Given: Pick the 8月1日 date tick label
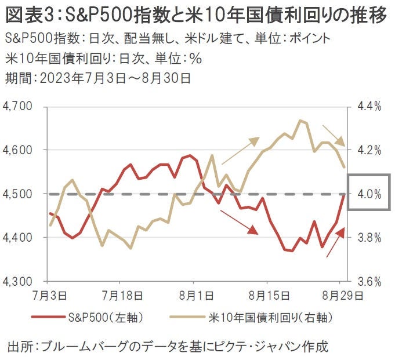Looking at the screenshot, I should click(x=193, y=296).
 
